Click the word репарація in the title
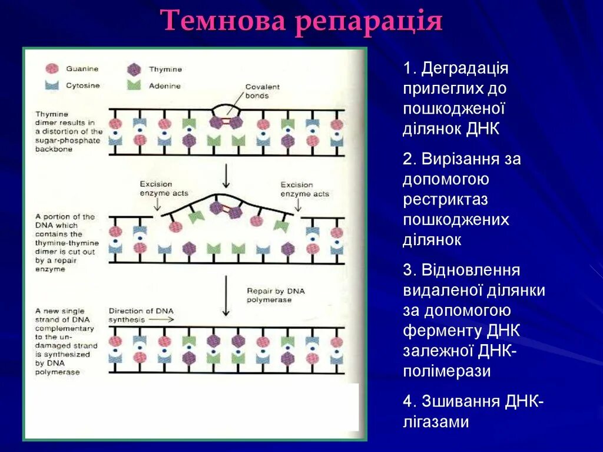[369, 22]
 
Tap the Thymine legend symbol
[134, 69]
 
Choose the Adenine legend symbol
[134, 85]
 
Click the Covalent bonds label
[262, 91]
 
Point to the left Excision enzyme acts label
[164, 189]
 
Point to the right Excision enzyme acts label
[304, 189]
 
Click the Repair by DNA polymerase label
[269, 295]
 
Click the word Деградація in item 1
[465, 68]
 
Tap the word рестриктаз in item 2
[446, 199]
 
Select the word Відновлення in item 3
[470, 270]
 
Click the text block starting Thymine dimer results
[69, 131]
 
